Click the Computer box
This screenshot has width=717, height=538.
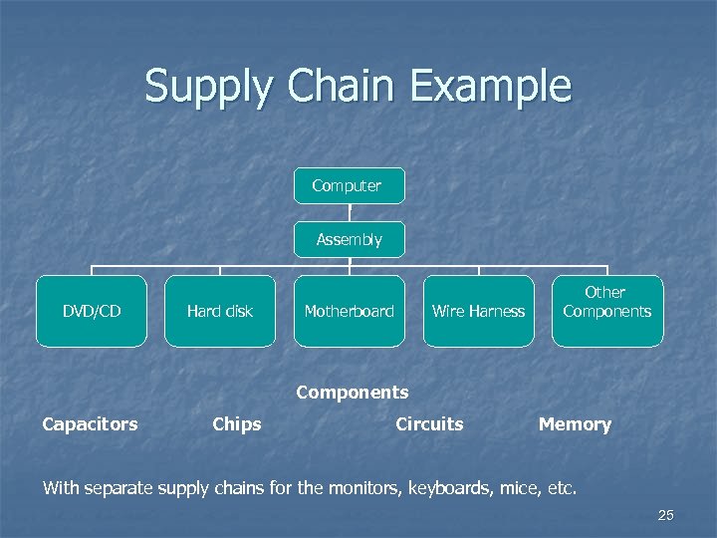tap(349, 186)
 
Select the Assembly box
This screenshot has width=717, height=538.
tap(349, 239)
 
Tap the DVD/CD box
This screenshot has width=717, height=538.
tap(92, 311)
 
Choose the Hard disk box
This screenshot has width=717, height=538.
tap(220, 311)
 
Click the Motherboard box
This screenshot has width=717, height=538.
tap(349, 311)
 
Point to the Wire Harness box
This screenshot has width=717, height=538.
tap(478, 311)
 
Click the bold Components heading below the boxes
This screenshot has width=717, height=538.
tap(353, 393)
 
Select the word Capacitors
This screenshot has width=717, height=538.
tap(90, 424)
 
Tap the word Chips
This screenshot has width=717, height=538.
tap(237, 424)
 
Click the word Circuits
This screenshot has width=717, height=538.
tap(429, 424)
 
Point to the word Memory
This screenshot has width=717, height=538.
tap(575, 424)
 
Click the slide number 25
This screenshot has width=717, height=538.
tap(666, 515)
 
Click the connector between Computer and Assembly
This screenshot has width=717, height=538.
tap(350, 212)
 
